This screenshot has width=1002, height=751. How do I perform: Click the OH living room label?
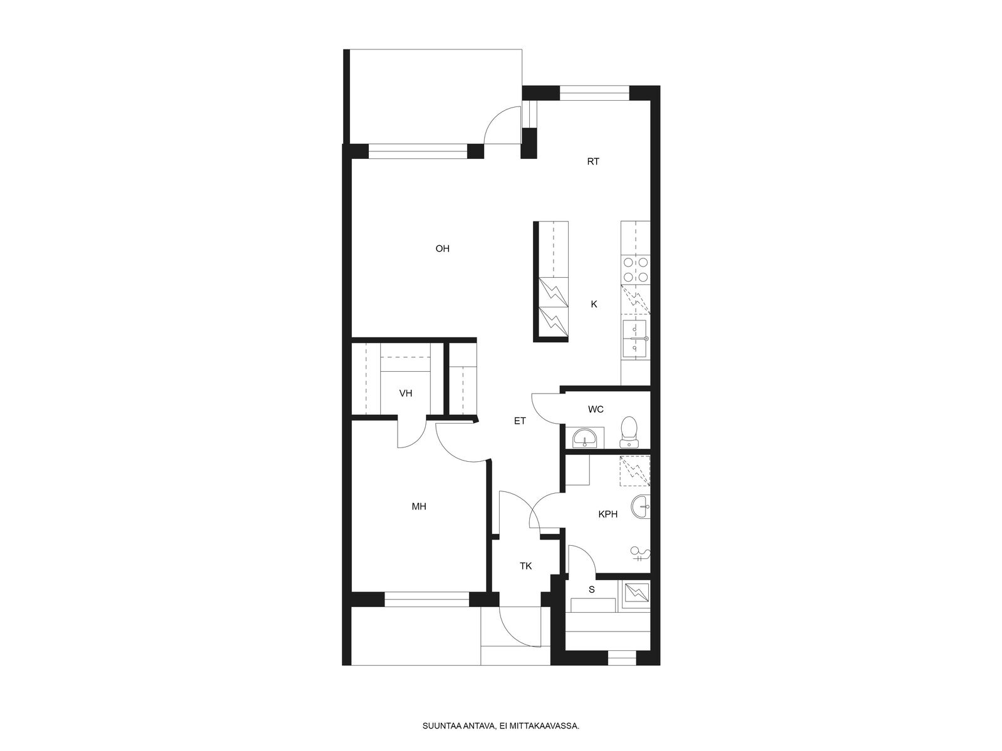coord(442,248)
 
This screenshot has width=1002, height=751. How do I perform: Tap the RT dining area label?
coord(593,161)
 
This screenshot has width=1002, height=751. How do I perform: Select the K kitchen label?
coord(594,304)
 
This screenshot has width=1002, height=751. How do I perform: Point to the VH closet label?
coord(405,393)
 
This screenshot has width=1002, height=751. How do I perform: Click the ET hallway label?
coord(520,421)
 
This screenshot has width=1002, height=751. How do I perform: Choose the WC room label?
coord(596,409)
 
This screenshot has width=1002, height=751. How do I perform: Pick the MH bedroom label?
coord(418,506)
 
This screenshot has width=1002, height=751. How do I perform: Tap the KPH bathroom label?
coord(607,514)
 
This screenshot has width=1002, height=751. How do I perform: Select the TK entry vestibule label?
coord(525,566)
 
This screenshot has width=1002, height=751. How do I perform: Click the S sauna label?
coord(592,590)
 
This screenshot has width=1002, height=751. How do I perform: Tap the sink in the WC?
coord(585,438)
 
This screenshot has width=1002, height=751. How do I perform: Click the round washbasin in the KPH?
coord(641,506)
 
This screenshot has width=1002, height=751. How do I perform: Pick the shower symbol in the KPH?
coord(640,554)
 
